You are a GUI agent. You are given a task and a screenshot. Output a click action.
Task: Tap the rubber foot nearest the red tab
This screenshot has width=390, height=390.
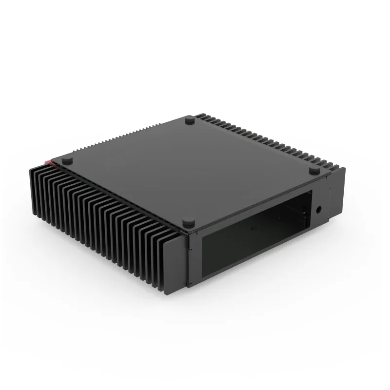click(x=68, y=159)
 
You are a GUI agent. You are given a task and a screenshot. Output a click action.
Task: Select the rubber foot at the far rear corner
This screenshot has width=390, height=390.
click(x=189, y=118)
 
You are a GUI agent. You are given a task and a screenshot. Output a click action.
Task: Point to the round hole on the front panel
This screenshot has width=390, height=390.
click(x=319, y=209)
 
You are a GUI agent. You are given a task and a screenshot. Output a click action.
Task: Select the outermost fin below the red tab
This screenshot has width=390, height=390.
click(x=34, y=190)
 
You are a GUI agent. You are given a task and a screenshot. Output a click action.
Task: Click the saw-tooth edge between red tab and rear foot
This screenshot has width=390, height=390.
click(x=122, y=139)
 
